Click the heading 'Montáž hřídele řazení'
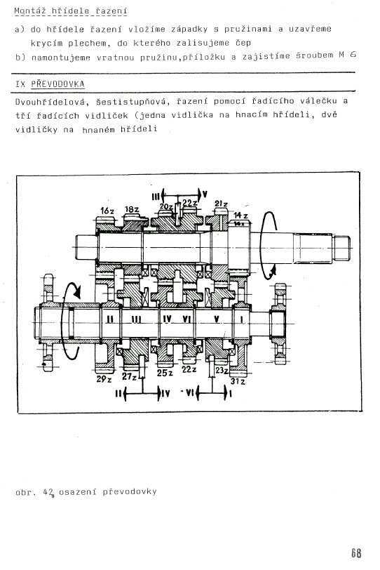click(x=70, y=11)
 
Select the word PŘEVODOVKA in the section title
click(x=57, y=84)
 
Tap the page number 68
click(x=356, y=553)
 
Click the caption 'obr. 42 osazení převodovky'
click(x=86, y=492)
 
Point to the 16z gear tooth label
click(x=107, y=211)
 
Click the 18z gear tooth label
click(x=131, y=210)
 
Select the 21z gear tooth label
click(x=221, y=204)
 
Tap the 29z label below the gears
click(x=104, y=379)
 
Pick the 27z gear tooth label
click(x=129, y=376)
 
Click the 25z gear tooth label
click(x=165, y=373)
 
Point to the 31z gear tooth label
click(x=238, y=381)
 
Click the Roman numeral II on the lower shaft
click(x=110, y=319)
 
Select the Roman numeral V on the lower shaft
click(x=217, y=319)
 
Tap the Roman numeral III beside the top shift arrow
click(x=156, y=197)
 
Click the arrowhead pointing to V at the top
click(x=199, y=194)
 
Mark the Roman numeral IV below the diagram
click(x=165, y=394)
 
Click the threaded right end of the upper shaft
click(x=341, y=248)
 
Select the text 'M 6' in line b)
click(x=347, y=55)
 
